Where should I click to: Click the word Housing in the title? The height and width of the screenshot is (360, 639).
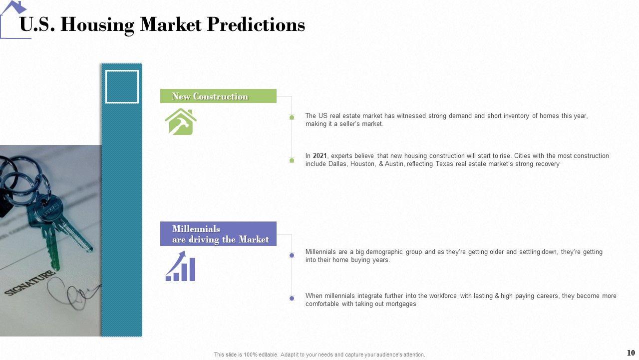click(x=97, y=25)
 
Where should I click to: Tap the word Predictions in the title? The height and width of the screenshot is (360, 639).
click(x=256, y=24)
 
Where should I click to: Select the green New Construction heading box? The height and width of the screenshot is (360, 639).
click(x=218, y=96)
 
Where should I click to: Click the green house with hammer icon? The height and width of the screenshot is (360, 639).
click(x=181, y=121)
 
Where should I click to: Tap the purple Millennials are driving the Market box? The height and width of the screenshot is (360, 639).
click(x=218, y=233)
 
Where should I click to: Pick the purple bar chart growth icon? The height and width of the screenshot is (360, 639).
click(x=180, y=266)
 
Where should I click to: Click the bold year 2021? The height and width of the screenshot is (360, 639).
click(x=319, y=155)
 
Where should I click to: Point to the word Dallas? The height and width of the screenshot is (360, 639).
click(x=337, y=164)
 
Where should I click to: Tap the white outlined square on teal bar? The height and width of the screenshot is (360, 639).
click(x=122, y=86)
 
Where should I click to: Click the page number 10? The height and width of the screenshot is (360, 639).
click(x=631, y=352)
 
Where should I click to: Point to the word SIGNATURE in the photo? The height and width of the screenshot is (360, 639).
click(x=30, y=282)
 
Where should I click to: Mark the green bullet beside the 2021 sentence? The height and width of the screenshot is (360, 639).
click(x=292, y=160)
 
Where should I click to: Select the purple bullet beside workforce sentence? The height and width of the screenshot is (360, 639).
click(x=292, y=298)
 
